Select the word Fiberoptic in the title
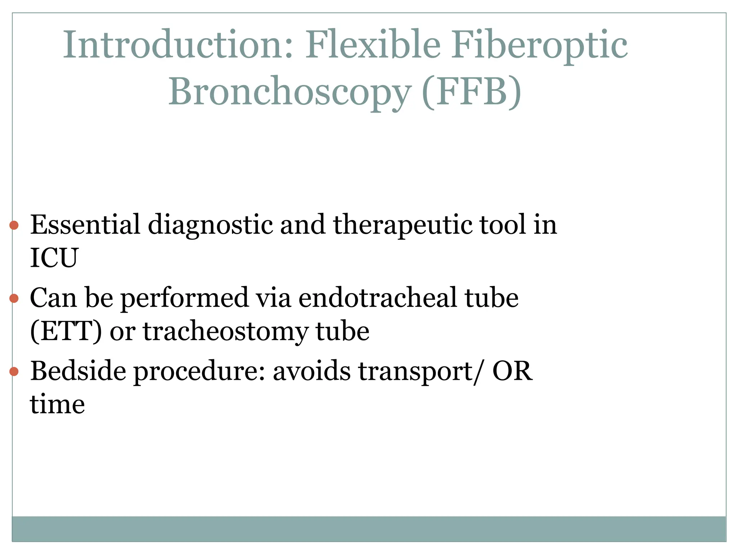(539, 46)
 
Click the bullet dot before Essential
(14, 226)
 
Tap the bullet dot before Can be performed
(14, 298)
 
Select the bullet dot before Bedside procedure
(14, 371)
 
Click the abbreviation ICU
(54, 258)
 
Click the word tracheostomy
(226, 332)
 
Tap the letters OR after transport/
(512, 371)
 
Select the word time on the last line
(57, 404)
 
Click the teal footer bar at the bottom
(369, 529)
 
